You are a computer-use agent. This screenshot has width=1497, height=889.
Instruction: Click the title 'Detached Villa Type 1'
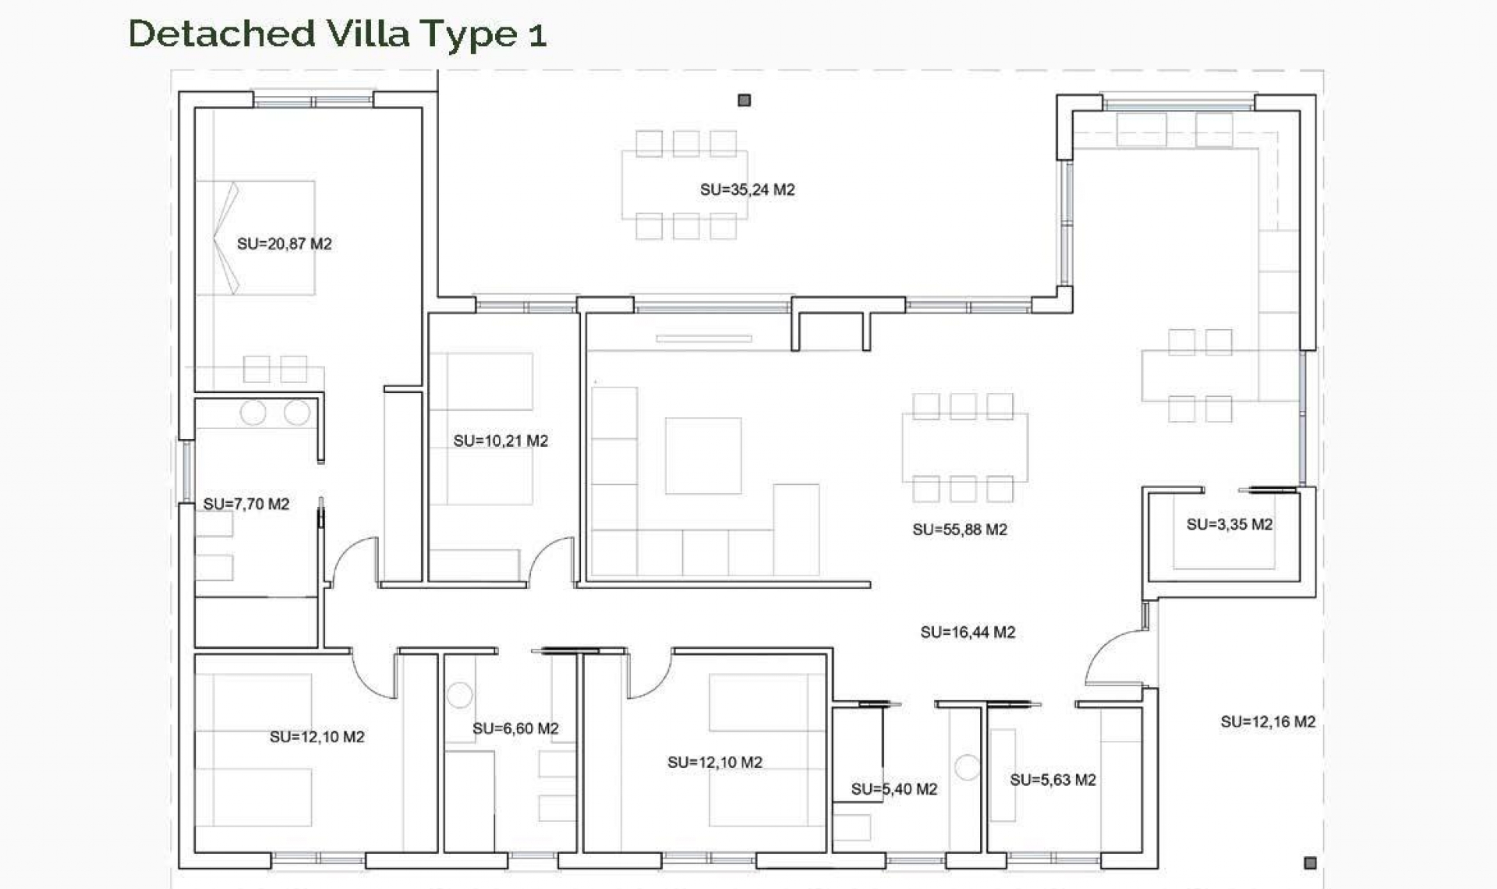pyautogui.click(x=337, y=34)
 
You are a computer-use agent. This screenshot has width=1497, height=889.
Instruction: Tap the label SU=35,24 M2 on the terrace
pyautogui.click(x=747, y=189)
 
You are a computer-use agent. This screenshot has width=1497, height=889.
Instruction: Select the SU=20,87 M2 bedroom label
pyautogui.click(x=284, y=244)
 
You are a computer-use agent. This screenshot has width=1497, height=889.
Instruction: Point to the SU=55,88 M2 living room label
pyautogui.click(x=959, y=530)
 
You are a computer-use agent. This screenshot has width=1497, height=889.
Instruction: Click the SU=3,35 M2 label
pyautogui.click(x=1229, y=525)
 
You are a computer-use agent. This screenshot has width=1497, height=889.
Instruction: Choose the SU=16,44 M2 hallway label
pyautogui.click(x=967, y=632)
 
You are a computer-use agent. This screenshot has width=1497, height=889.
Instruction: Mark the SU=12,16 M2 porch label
pyautogui.click(x=1267, y=722)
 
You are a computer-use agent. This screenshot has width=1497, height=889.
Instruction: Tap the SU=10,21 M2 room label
pyautogui.click(x=501, y=441)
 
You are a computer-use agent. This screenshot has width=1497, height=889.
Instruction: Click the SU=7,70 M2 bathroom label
pyautogui.click(x=246, y=505)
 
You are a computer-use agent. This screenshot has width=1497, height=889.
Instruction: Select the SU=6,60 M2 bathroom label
pyautogui.click(x=515, y=728)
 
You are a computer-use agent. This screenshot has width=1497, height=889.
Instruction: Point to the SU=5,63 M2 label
pyautogui.click(x=1052, y=780)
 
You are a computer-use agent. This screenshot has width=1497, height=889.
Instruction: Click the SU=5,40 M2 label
pyautogui.click(x=894, y=789)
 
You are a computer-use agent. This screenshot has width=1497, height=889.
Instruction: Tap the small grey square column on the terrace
pyautogui.click(x=744, y=101)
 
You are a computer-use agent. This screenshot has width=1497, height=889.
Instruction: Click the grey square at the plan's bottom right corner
pyautogui.click(x=1310, y=862)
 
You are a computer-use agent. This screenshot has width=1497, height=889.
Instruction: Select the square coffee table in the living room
pyautogui.click(x=702, y=455)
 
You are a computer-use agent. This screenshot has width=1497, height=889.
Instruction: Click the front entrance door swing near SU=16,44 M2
pyautogui.click(x=1113, y=659)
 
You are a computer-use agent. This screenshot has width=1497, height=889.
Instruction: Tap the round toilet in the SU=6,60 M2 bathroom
pyautogui.click(x=459, y=694)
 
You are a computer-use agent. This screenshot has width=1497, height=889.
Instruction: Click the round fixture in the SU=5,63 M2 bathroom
pyautogui.click(x=967, y=767)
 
